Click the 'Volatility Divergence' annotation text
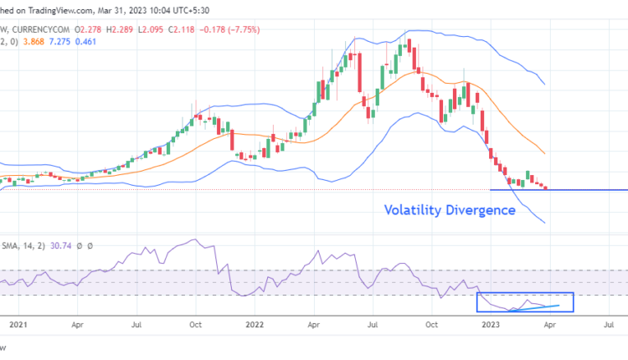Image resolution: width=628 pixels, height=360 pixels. coord(450,210)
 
